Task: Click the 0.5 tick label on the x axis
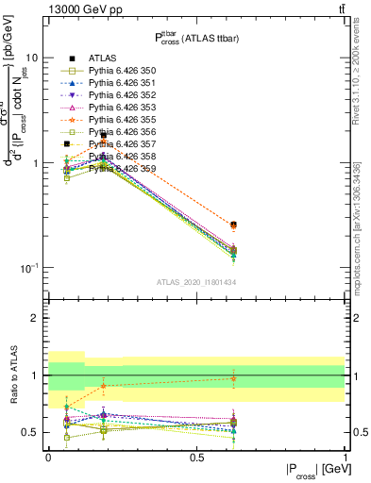(x=196, y=457)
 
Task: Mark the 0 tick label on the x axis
(x=48, y=457)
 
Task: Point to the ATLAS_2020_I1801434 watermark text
(x=196, y=281)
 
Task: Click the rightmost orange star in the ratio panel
(x=233, y=378)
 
